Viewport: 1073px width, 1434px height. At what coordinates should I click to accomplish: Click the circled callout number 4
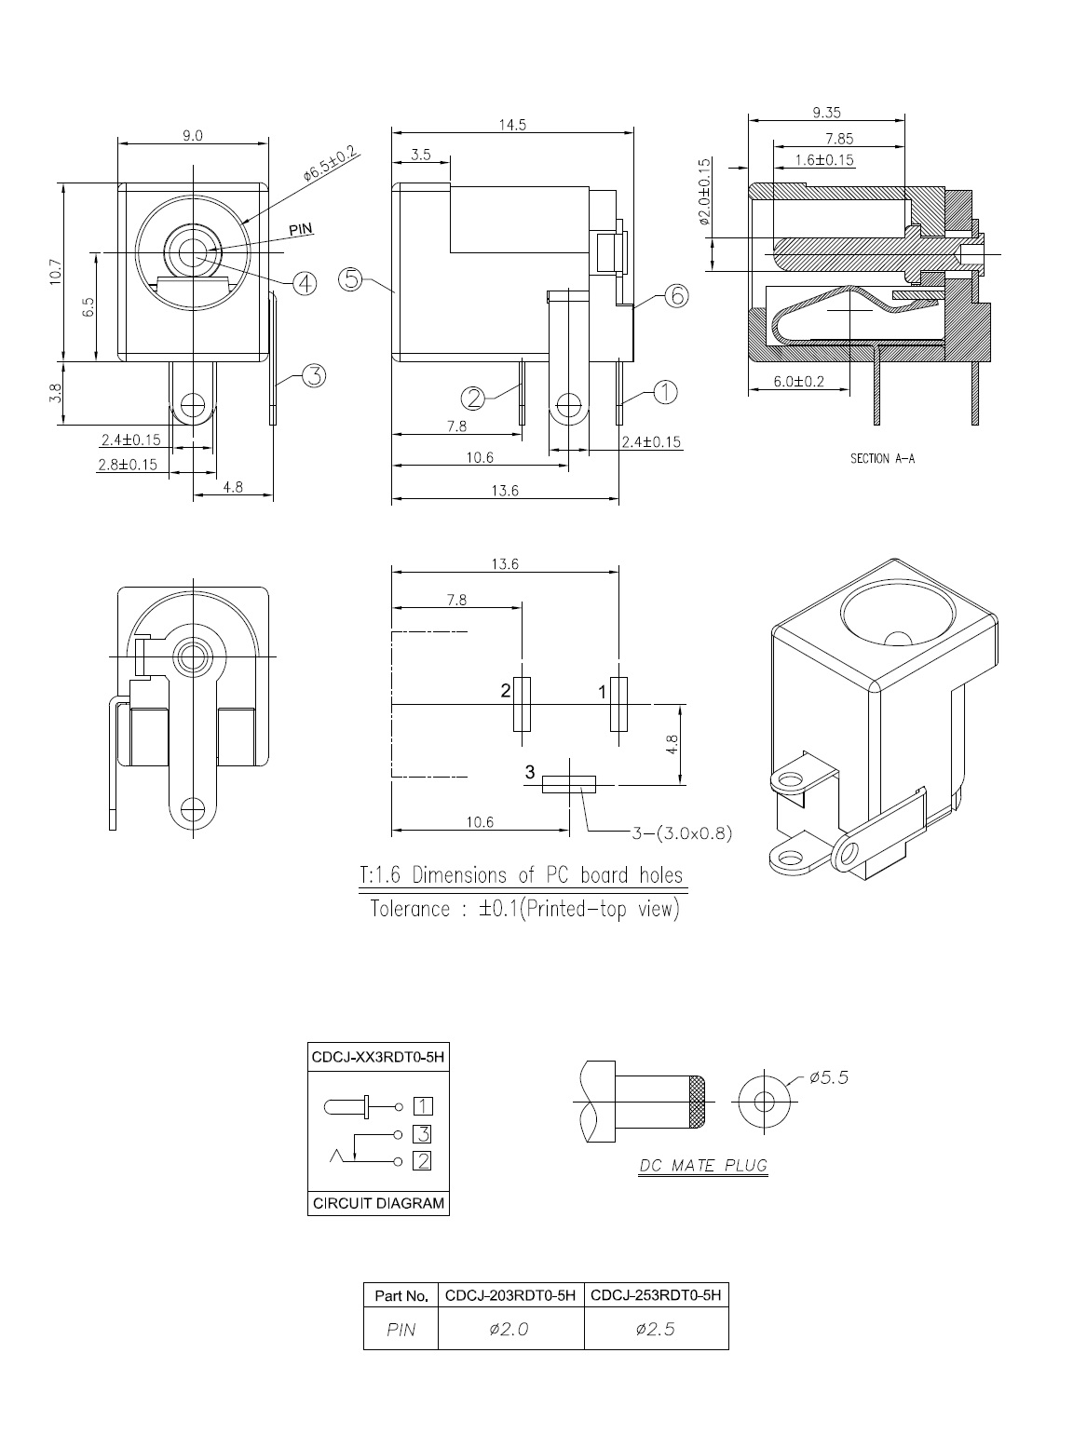click(305, 283)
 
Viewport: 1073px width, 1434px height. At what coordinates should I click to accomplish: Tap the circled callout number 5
click(350, 278)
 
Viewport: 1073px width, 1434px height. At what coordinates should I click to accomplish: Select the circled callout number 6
click(676, 295)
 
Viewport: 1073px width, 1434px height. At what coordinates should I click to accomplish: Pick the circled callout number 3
click(315, 376)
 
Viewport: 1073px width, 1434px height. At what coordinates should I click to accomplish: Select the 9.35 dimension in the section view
click(826, 112)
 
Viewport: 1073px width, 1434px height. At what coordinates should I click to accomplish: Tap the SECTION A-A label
click(882, 459)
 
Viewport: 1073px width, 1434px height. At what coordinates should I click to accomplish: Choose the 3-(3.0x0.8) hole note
click(682, 833)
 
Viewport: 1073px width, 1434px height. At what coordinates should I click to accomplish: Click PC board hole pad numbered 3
click(569, 785)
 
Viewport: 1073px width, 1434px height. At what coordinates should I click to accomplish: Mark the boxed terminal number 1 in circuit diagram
click(423, 1106)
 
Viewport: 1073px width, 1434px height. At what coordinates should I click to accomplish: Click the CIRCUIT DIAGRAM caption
click(378, 1203)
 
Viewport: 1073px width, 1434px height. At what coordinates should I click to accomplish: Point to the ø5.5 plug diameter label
click(829, 1077)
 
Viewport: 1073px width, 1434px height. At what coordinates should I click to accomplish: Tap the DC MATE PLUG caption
click(703, 1166)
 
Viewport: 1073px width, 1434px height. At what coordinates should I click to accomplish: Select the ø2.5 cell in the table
click(655, 1329)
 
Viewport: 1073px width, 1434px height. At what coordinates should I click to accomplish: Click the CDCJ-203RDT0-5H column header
click(510, 1295)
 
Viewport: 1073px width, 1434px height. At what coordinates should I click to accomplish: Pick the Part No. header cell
click(401, 1296)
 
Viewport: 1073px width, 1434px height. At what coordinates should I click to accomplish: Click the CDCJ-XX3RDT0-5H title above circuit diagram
click(378, 1057)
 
